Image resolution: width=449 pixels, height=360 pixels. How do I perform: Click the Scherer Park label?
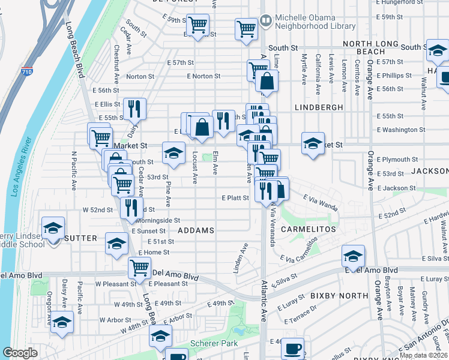tap(207, 344)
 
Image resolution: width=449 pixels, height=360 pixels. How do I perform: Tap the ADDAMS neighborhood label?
tap(196, 230)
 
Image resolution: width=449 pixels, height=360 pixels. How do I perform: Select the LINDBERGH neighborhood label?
tap(319, 107)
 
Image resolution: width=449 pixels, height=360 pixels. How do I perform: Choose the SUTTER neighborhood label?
tap(80, 238)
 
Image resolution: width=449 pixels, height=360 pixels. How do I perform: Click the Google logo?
tap(20, 353)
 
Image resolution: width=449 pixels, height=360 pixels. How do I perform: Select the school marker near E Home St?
tap(116, 243)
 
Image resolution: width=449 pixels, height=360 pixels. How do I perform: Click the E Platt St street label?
tap(235, 197)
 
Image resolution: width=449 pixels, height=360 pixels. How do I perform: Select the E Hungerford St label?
tap(419, 2)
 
